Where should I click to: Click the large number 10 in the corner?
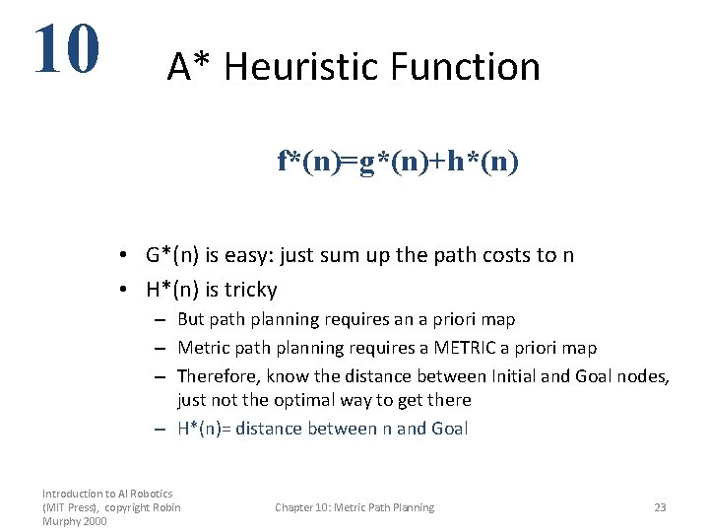66,49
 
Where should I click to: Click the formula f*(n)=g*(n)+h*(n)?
398,162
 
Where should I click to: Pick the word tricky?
251,290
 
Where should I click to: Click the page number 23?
660,507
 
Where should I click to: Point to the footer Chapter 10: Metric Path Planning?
354,507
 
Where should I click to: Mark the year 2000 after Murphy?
93,521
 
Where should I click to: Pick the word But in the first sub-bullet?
191,319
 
